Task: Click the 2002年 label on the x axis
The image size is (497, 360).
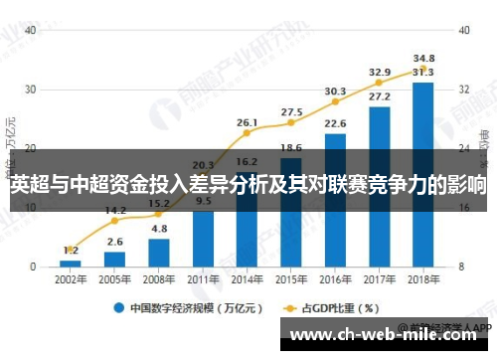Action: pos(70,279)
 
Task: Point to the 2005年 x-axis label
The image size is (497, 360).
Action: pos(114,279)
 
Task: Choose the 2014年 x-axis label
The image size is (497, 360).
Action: pos(248,279)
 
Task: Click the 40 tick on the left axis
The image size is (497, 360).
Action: pos(31,30)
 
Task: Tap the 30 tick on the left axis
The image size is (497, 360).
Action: pos(31,90)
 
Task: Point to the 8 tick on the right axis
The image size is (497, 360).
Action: pos(464,267)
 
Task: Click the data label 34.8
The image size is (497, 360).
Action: pos(423,59)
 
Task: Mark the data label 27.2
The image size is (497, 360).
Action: pos(379,96)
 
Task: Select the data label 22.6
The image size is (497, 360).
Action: pos(335,123)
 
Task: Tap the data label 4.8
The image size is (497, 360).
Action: pos(159,229)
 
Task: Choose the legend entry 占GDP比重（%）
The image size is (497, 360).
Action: pos(327,307)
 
